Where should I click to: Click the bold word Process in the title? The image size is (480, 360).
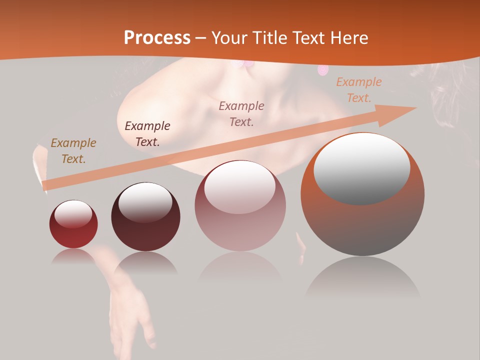pyautogui.click(x=157, y=38)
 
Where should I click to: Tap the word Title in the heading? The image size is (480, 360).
pyautogui.click(x=270, y=38)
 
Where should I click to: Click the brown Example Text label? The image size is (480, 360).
pyautogui.click(x=73, y=151)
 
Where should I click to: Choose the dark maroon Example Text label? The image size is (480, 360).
pyautogui.click(x=147, y=134)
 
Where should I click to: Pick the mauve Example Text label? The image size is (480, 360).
pyautogui.click(x=241, y=113)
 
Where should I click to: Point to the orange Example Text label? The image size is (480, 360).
pyautogui.click(x=358, y=90)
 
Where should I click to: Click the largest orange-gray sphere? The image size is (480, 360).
pyautogui.click(x=362, y=220)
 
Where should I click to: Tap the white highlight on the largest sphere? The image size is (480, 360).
pyautogui.click(x=362, y=169)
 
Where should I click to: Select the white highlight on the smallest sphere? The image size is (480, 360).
pyautogui.click(x=73, y=214)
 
